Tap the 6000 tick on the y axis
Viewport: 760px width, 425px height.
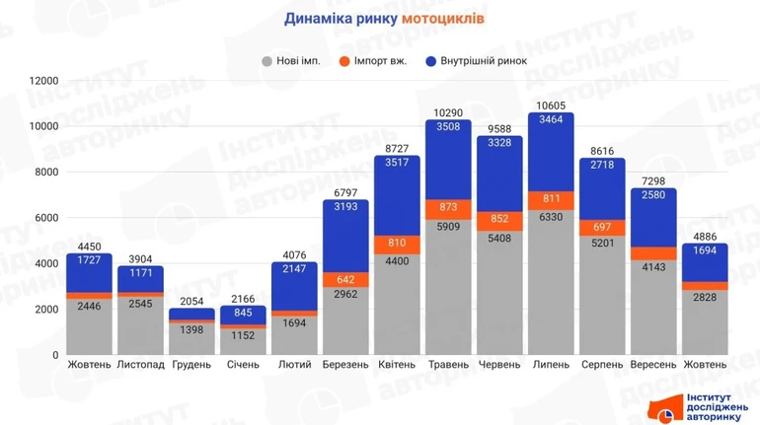tap(46, 218)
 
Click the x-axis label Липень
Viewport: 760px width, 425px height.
tap(551, 365)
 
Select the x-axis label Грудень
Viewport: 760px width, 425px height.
tap(191, 365)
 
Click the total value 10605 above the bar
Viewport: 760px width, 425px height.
tap(551, 105)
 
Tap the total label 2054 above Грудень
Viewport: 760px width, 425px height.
tap(191, 300)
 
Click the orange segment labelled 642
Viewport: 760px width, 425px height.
tap(345, 279)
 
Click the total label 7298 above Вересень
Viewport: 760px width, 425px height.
tap(653, 180)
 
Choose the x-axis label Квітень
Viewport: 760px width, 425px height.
tap(397, 365)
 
